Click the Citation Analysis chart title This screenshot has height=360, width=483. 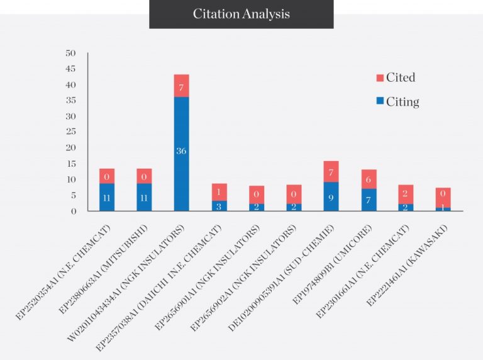pos(241,14)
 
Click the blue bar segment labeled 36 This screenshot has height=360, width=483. pos(181,154)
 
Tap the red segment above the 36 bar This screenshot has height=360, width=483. pos(181,86)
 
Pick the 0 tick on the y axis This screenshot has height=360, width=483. pos(74,211)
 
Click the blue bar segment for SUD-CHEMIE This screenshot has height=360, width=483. pos(331,196)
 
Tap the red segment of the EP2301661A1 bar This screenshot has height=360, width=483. pos(406,194)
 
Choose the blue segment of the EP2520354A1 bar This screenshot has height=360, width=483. pos(107,196)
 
